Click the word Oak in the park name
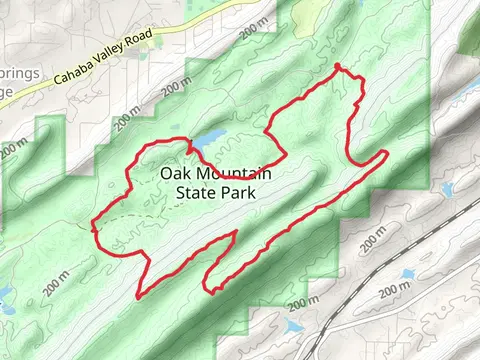point(173,174)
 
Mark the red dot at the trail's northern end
point(338,67)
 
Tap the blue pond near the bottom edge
point(293,326)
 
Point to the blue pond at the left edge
point(4,295)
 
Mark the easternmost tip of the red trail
point(387,151)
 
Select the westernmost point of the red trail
point(93,227)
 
